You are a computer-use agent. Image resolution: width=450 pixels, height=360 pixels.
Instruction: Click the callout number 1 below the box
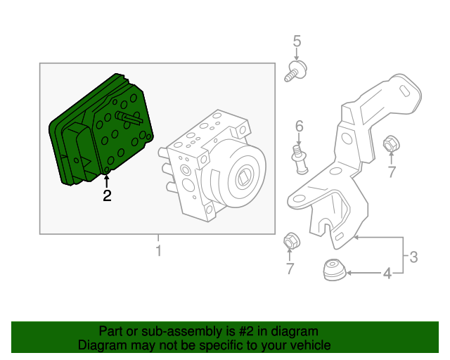pos(158,251)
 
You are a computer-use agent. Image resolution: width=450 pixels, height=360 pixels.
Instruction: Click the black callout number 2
pos(107,196)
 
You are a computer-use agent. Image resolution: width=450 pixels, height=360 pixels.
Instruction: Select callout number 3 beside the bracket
pos(413,257)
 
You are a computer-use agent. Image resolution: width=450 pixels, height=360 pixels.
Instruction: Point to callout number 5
pos(297,41)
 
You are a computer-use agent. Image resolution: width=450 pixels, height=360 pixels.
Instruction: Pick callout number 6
pos(299,127)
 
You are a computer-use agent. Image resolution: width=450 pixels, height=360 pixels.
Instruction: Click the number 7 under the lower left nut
pos(289,268)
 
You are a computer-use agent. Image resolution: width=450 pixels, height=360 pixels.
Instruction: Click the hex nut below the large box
pos(288,240)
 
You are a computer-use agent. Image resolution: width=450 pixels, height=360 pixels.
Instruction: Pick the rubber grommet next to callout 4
pos(333,271)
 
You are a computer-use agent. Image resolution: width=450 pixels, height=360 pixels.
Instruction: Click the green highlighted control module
pos(98,134)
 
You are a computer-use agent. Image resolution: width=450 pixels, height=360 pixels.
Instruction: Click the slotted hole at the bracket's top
pos(406,89)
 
